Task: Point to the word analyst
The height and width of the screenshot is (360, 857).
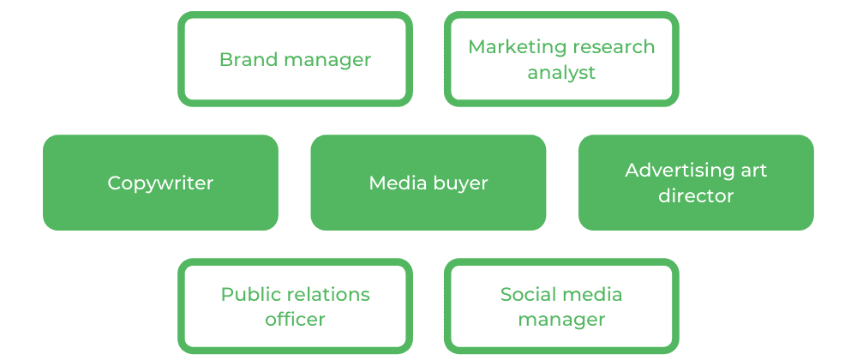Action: [x=561, y=73]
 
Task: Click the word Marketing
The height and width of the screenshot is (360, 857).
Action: [x=510, y=46]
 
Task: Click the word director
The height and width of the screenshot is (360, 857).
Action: [x=696, y=195]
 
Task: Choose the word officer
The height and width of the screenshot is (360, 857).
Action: [x=295, y=320]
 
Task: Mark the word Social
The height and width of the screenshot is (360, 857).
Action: [x=524, y=294]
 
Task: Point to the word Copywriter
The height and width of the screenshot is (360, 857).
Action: [x=160, y=183]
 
